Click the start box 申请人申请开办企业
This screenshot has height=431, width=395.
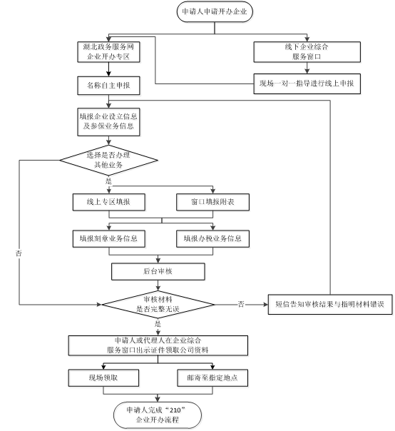[215, 11]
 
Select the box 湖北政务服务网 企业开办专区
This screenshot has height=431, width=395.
[108, 52]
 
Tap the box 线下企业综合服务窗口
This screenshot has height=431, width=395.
[307, 52]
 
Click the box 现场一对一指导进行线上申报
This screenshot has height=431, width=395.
[307, 83]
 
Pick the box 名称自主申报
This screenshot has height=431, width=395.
[108, 86]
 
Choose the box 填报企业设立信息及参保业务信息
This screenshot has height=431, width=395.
[108, 122]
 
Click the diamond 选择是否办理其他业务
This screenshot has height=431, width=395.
[109, 161]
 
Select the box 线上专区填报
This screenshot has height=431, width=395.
[109, 202]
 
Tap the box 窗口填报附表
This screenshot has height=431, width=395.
[212, 202]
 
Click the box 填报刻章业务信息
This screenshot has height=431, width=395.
[109, 238]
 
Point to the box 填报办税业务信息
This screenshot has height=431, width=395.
[212, 238]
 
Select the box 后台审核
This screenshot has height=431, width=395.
[158, 272]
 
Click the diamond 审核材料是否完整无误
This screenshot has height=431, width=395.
[158, 304]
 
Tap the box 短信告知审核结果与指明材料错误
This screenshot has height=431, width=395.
[330, 304]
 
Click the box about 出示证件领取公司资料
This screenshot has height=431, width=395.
[158, 345]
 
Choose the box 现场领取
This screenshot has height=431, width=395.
[103, 378]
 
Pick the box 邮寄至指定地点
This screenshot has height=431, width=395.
[212, 378]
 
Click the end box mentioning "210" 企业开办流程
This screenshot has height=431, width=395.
[158, 415]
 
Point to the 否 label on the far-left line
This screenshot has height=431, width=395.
[19, 253]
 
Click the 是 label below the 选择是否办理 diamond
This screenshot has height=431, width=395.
[109, 181]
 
